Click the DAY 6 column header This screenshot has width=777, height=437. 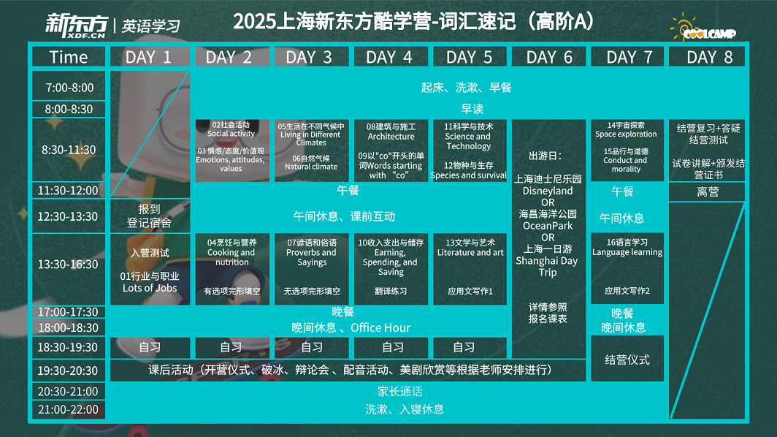coord(549,57)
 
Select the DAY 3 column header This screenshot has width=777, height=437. coord(312,57)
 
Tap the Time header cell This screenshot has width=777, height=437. coord(69,57)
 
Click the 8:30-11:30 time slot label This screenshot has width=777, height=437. coord(69,150)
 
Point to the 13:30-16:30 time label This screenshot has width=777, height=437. coord(69,265)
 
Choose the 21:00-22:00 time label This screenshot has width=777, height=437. coord(69,410)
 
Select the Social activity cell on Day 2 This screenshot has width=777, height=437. coord(232,151)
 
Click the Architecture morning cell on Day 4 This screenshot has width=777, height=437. coord(391,151)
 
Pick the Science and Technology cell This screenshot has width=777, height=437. coord(470,151)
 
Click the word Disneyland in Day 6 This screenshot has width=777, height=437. coord(548,191)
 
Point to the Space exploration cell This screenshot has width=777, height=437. coord(627,150)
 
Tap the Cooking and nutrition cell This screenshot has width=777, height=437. coord(232,269)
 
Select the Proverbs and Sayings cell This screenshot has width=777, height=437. coord(312,269)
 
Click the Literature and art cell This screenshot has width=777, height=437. coord(470,269)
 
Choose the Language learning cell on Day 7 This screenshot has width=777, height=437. coord(627,268)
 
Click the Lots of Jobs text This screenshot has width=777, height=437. coord(150,288)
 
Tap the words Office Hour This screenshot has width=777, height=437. coord(380,328)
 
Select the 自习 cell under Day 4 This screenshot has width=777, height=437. coord(391,347)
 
